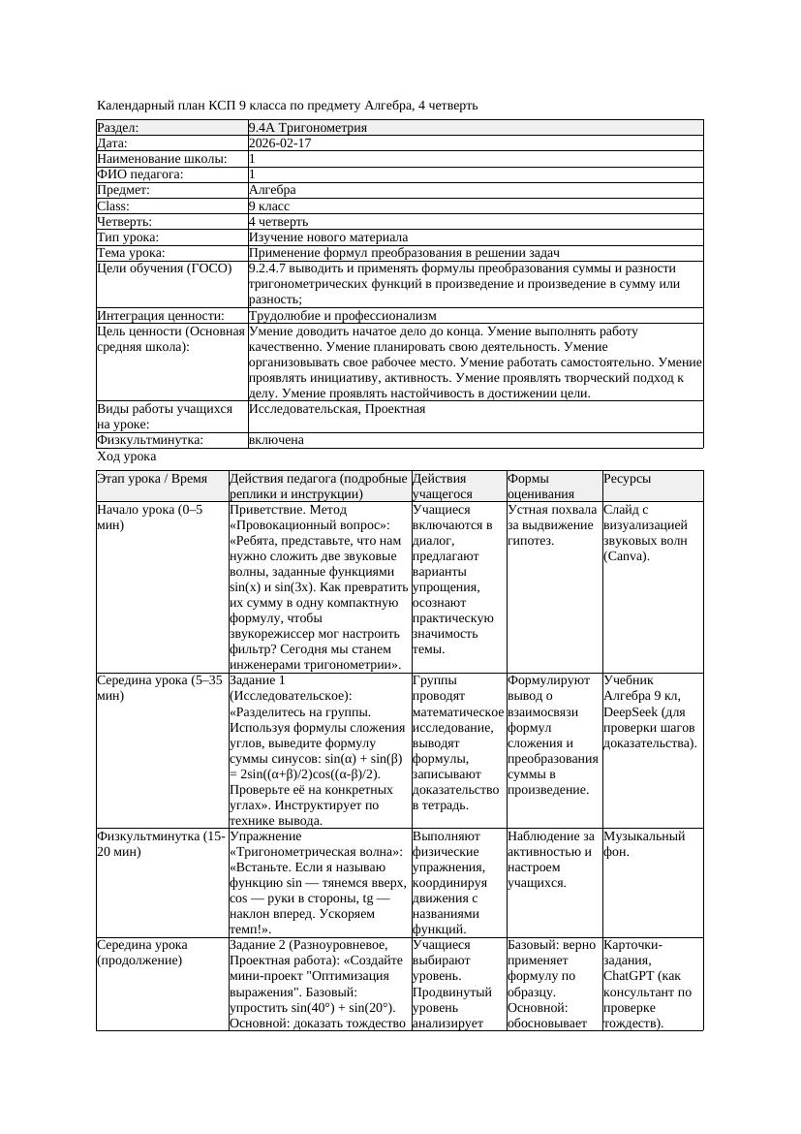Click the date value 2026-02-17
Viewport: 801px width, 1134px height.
pos(280,142)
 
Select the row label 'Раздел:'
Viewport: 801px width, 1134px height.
pos(118,127)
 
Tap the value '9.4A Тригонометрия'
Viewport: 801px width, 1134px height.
pos(307,127)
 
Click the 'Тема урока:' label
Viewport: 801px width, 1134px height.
pos(131,252)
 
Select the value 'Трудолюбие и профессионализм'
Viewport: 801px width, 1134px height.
pos(342,315)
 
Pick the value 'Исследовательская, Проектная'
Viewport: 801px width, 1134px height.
pos(336,409)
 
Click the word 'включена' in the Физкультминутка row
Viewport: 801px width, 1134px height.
pos(276,440)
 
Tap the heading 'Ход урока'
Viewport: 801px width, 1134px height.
pos(127,456)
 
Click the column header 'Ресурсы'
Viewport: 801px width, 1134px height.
pos(627,479)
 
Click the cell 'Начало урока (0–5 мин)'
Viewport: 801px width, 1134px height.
pos(150,517)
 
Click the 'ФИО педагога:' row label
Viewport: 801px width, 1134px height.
pos(140,173)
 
